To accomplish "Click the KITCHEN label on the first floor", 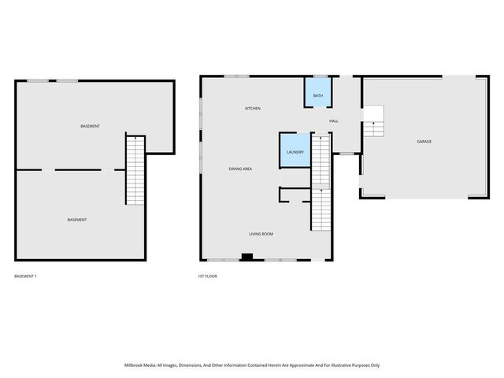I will (x=252, y=108).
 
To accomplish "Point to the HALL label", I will (x=333, y=120).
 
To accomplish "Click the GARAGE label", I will (x=424, y=141).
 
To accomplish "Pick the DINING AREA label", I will (x=240, y=169).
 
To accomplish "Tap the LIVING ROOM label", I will (x=261, y=234).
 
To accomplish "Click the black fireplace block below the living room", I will (x=246, y=256).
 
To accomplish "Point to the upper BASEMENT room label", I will (x=90, y=126).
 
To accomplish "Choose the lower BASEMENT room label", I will (x=76, y=220).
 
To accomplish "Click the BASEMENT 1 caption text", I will (x=26, y=276).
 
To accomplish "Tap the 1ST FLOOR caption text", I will (x=208, y=276).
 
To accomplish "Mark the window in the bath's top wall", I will (x=317, y=76).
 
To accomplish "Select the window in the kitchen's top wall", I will (x=236, y=76).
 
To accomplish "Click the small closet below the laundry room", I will (x=295, y=195).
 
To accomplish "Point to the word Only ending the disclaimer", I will (x=374, y=365).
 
